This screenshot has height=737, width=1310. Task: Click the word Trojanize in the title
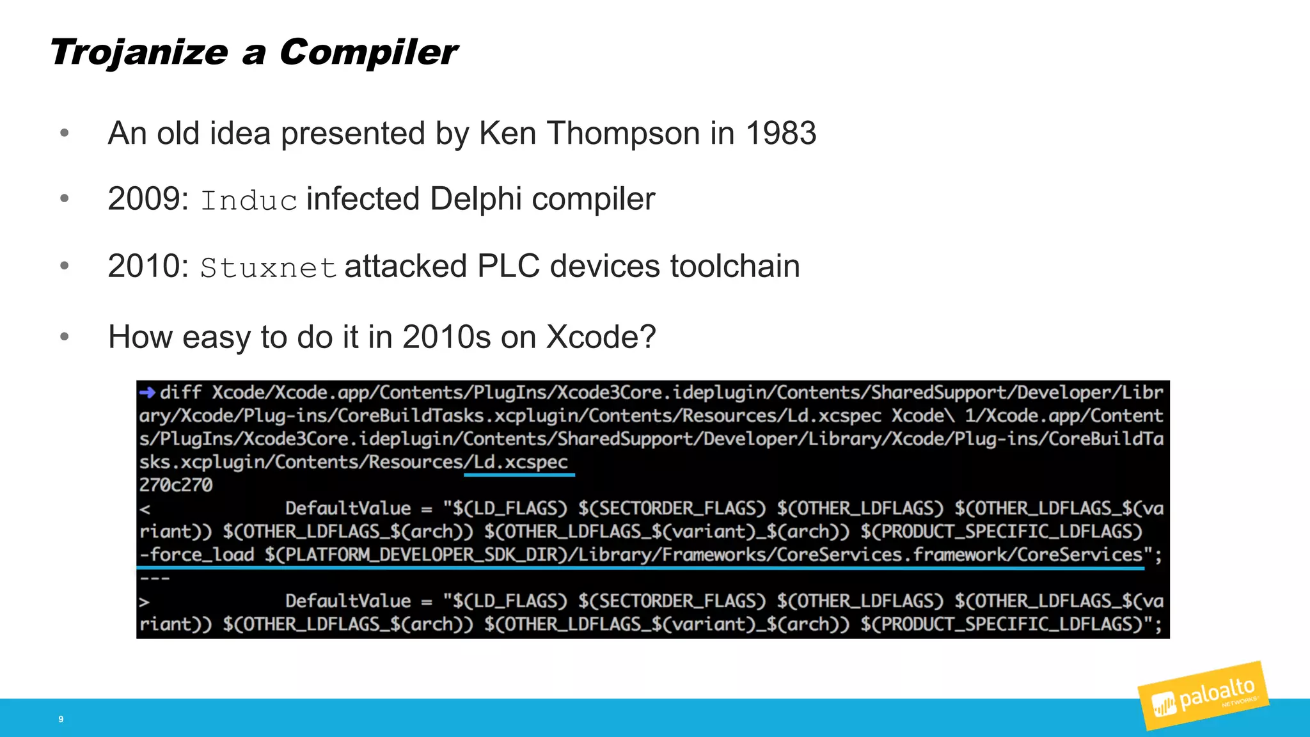pos(139,52)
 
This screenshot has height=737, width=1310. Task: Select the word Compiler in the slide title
pos(368,52)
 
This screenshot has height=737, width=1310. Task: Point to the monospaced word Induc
pos(249,201)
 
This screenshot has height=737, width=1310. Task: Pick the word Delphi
pos(476,199)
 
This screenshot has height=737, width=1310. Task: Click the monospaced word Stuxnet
pos(268,267)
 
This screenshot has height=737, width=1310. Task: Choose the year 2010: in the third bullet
pos(148,266)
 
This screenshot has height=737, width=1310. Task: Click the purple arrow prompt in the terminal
pos(147,392)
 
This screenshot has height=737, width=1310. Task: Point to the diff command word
pos(180,392)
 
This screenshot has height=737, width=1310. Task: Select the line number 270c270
pos(176,485)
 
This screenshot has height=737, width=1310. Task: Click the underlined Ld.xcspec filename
pos(520,462)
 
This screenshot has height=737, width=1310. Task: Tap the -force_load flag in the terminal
pos(197,555)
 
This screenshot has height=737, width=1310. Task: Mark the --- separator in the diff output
pos(155,578)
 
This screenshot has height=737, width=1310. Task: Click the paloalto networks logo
pos(1203,696)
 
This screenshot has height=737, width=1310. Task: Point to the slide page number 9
pos(61,719)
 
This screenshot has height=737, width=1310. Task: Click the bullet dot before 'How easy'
pos(64,337)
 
